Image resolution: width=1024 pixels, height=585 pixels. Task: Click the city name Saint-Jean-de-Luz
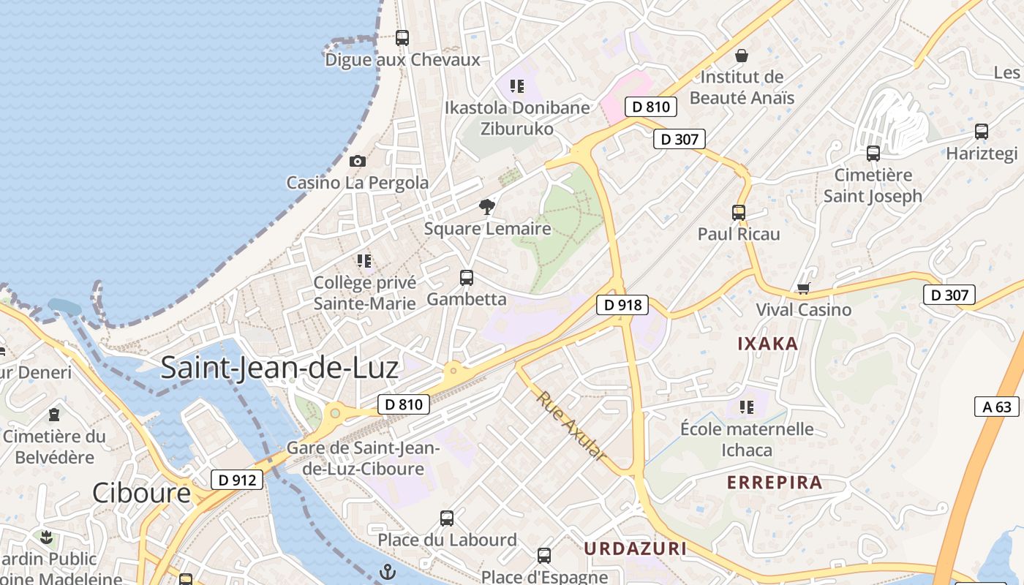[x=279, y=367]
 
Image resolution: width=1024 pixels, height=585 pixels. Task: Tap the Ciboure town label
[x=141, y=493]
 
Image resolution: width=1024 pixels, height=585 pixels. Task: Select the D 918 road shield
[x=622, y=305]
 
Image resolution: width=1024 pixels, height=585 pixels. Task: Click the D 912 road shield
[x=237, y=480]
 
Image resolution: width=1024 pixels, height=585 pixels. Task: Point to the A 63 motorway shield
[x=997, y=407]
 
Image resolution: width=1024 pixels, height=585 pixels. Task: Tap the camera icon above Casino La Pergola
[x=358, y=161]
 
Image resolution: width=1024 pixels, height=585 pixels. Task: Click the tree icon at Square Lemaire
[x=486, y=207]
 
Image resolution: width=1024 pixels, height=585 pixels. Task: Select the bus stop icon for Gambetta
[x=466, y=278]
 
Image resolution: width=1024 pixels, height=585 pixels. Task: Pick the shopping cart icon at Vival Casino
[x=803, y=289]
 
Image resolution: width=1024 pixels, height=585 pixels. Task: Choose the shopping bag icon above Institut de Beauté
[x=742, y=56]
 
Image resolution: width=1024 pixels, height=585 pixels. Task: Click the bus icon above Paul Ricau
[x=739, y=213]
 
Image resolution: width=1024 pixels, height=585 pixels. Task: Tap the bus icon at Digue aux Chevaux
[x=402, y=38]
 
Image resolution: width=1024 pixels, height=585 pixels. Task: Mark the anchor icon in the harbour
[x=388, y=572]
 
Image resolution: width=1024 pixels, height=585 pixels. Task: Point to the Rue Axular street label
[x=572, y=426]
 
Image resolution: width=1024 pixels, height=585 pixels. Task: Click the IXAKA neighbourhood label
[x=767, y=344]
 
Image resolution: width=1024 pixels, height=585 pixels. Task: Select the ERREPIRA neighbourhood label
[x=775, y=483]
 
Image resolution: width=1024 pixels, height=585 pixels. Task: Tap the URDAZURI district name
[x=635, y=548]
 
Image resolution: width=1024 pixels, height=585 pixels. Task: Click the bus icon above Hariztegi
[x=982, y=132]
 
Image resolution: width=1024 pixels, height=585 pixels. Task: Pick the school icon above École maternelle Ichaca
[x=747, y=407]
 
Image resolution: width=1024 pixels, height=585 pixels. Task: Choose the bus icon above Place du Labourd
[x=447, y=518]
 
